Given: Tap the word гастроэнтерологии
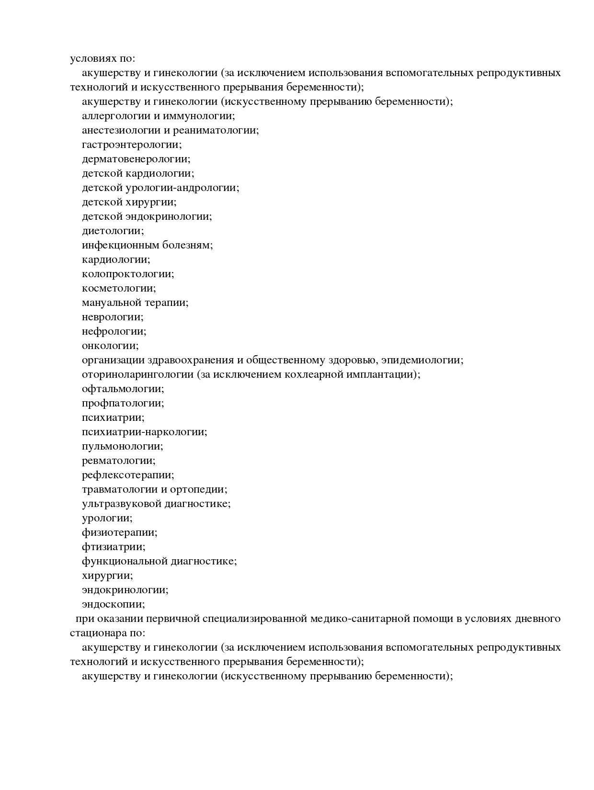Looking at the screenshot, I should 131,145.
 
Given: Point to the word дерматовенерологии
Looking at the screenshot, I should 136,159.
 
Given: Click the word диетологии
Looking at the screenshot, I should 112,231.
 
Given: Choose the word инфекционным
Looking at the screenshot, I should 120,245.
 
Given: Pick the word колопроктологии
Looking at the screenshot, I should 127,274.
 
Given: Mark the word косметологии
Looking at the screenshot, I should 118,288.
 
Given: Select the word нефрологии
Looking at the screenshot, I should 114,331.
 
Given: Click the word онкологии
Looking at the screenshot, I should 110,346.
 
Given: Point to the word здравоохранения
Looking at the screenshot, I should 188,360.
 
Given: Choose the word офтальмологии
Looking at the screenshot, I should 123,389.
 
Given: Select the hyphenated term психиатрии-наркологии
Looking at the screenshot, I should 144,432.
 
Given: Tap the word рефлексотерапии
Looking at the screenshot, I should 127,475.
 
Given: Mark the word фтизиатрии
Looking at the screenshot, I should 113,547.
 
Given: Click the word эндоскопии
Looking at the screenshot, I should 113,604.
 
